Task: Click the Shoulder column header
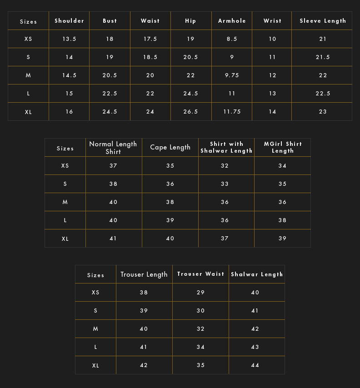[69, 21]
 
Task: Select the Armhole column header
[232, 21]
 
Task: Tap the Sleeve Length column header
[323, 21]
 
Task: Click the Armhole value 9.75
[232, 75]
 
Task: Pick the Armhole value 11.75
[232, 112]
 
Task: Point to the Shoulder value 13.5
[69, 39]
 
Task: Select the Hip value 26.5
[190, 112]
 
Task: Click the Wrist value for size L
[272, 94]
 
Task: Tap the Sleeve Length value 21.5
[323, 57]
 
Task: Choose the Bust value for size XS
[110, 39]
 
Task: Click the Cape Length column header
[170, 147]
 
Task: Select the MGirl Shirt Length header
[283, 147]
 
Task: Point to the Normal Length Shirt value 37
[113, 166]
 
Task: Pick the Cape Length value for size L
[170, 220]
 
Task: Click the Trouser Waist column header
[200, 274]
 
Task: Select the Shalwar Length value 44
[255, 365]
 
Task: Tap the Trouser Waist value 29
[200, 293]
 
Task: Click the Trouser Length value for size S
[144, 311]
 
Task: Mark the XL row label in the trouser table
[95, 366]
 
